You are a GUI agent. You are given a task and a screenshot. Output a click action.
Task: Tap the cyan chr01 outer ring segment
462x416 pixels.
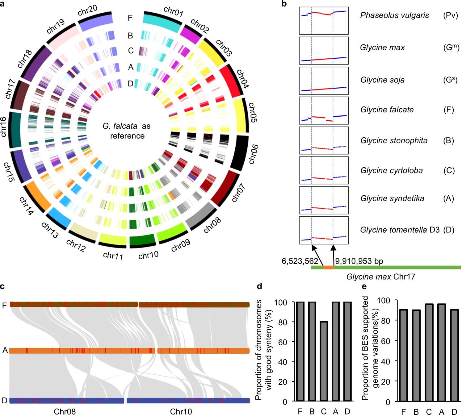pyautogui.click(x=162, y=22)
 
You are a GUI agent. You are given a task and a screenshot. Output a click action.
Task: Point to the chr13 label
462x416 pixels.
pyautogui.click(x=50, y=230)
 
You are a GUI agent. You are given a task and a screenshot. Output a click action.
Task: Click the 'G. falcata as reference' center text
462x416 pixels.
pyautogui.click(x=127, y=131)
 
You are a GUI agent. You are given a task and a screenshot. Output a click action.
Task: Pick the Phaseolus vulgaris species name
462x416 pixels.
pyautogui.click(x=394, y=15)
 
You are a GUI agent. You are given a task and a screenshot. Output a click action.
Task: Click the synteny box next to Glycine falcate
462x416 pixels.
pyautogui.click(x=324, y=110)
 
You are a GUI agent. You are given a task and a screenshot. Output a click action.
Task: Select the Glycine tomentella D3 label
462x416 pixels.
pyautogui.click(x=400, y=230)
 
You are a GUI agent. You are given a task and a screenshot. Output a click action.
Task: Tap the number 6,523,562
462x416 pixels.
pyautogui.click(x=300, y=261)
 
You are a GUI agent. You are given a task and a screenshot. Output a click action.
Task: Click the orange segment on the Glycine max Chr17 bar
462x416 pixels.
pyautogui.click(x=329, y=268)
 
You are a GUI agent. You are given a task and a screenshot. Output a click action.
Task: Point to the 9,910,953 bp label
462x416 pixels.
pyautogui.click(x=359, y=261)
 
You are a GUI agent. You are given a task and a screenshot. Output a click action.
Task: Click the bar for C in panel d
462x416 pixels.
pyautogui.click(x=324, y=361)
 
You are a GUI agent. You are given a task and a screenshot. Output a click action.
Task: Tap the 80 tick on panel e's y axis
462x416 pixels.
pyautogui.click(x=386, y=320)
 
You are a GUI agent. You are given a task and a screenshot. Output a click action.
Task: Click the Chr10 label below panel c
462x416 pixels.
pyautogui.click(x=181, y=412)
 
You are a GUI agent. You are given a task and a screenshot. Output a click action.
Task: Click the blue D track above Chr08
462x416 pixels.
pyautogui.click(x=67, y=401)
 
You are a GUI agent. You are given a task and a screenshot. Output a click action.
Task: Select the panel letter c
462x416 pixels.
pyautogui.click(x=2, y=286)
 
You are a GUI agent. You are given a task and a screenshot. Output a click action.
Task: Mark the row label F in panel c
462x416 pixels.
pyautogui.click(x=4, y=306)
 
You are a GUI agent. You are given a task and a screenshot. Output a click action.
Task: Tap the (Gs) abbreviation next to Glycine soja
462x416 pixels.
pyautogui.click(x=450, y=80)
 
